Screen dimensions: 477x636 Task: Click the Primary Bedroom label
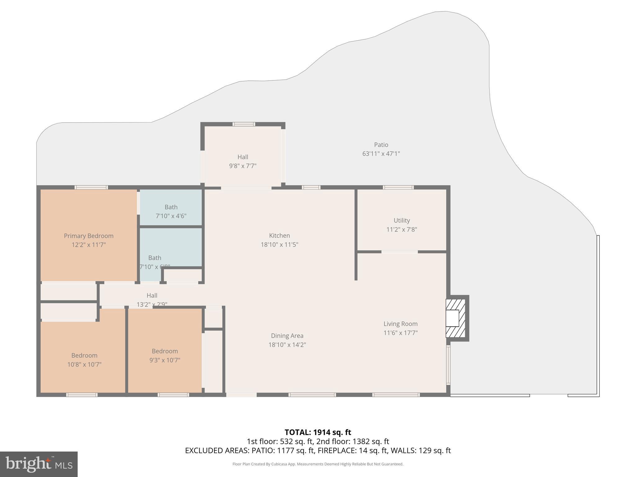89,236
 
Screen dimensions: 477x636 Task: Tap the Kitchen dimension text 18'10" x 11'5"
279,245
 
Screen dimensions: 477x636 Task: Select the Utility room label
402,220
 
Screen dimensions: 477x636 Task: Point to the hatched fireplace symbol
455,318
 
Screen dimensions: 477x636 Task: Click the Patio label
381,145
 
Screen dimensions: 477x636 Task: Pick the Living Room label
400,324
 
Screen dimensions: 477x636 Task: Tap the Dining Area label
287,336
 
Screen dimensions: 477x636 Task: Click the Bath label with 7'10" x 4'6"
171,207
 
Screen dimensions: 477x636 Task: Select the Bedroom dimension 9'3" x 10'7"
165,360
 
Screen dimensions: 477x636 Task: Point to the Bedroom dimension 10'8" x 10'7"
84,365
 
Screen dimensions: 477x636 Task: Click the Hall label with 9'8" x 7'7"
243,157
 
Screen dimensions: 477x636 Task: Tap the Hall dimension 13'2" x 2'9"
152,304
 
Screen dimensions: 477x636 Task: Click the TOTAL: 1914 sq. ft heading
318,432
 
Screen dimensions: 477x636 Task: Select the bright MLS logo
39,464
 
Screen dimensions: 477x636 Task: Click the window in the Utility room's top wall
398,187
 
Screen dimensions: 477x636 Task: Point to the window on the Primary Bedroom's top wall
91,187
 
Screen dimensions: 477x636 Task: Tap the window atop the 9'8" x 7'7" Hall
244,124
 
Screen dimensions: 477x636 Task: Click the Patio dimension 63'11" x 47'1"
381,154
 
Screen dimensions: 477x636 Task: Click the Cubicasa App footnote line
318,464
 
